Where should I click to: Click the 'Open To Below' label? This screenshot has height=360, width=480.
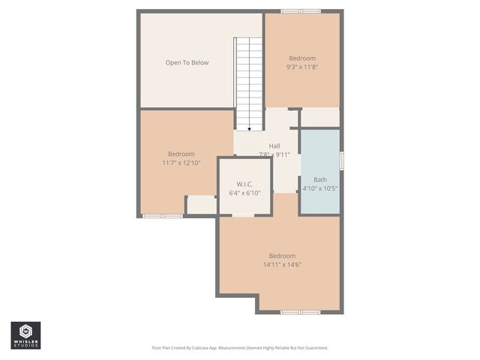(187, 62)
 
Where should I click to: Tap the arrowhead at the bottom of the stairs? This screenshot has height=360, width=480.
(250, 129)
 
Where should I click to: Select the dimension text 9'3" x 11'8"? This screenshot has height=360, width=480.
(302, 67)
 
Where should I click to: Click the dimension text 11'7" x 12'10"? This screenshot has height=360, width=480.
(181, 163)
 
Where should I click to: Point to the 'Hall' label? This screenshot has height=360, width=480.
(274, 146)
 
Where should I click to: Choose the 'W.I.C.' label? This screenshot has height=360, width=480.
(244, 184)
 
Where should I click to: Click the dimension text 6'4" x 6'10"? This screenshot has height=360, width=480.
(244, 193)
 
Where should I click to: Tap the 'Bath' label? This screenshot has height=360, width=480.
(320, 179)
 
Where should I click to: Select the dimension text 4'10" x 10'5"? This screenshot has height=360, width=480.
(320, 188)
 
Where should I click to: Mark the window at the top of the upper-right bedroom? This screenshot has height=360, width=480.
(301, 11)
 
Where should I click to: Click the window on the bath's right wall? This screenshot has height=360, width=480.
(341, 160)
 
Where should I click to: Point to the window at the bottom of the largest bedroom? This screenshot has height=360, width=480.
(300, 312)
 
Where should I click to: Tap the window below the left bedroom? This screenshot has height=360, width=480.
(163, 217)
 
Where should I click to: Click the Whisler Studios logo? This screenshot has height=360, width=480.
(25, 335)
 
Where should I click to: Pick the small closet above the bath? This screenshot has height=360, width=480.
(320, 117)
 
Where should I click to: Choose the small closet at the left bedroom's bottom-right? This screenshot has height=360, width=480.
(201, 205)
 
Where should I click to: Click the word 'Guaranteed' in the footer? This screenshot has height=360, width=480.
(313, 348)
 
